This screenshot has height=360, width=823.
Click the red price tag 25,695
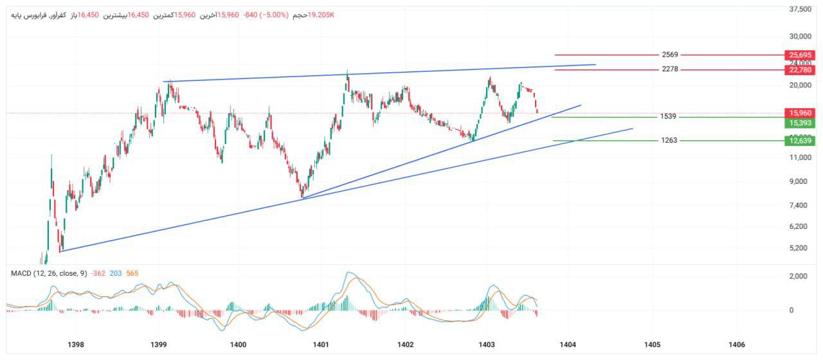tap(799, 55)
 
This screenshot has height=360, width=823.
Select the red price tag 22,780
tap(799, 69)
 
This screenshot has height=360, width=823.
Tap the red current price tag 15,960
tap(799, 113)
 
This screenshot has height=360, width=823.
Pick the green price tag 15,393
tap(799, 122)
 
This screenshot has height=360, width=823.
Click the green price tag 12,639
tap(799, 140)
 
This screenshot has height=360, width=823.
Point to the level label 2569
tap(670, 55)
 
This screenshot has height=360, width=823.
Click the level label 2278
tap(670, 69)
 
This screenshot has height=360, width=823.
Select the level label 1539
tap(668, 117)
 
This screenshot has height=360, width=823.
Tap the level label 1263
tap(669, 140)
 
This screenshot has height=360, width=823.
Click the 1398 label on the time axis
tap(76, 345)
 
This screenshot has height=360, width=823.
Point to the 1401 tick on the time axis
tap(321, 345)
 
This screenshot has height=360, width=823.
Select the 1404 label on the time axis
tap(568, 345)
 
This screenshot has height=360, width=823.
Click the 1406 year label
tap(737, 345)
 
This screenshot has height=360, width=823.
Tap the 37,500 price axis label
tap(800, 9)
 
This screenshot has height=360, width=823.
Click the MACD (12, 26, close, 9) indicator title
tap(49, 273)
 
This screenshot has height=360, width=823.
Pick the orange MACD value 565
tap(132, 273)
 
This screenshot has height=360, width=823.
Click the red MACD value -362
tap(98, 273)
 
